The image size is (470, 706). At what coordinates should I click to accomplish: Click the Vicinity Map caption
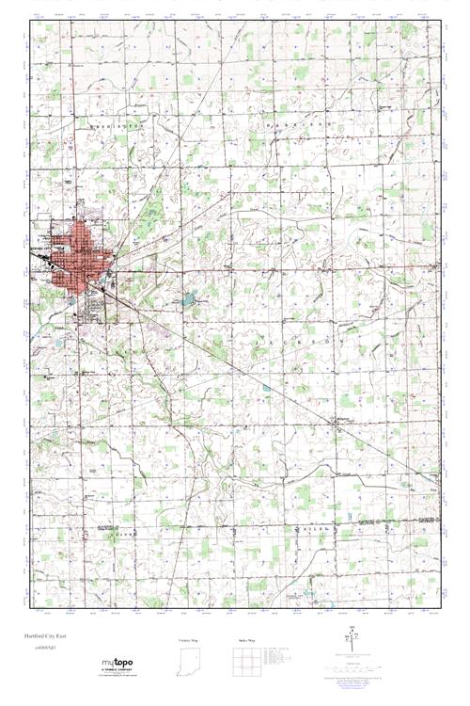coord(189,640)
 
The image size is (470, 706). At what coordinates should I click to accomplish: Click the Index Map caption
coord(247,640)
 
